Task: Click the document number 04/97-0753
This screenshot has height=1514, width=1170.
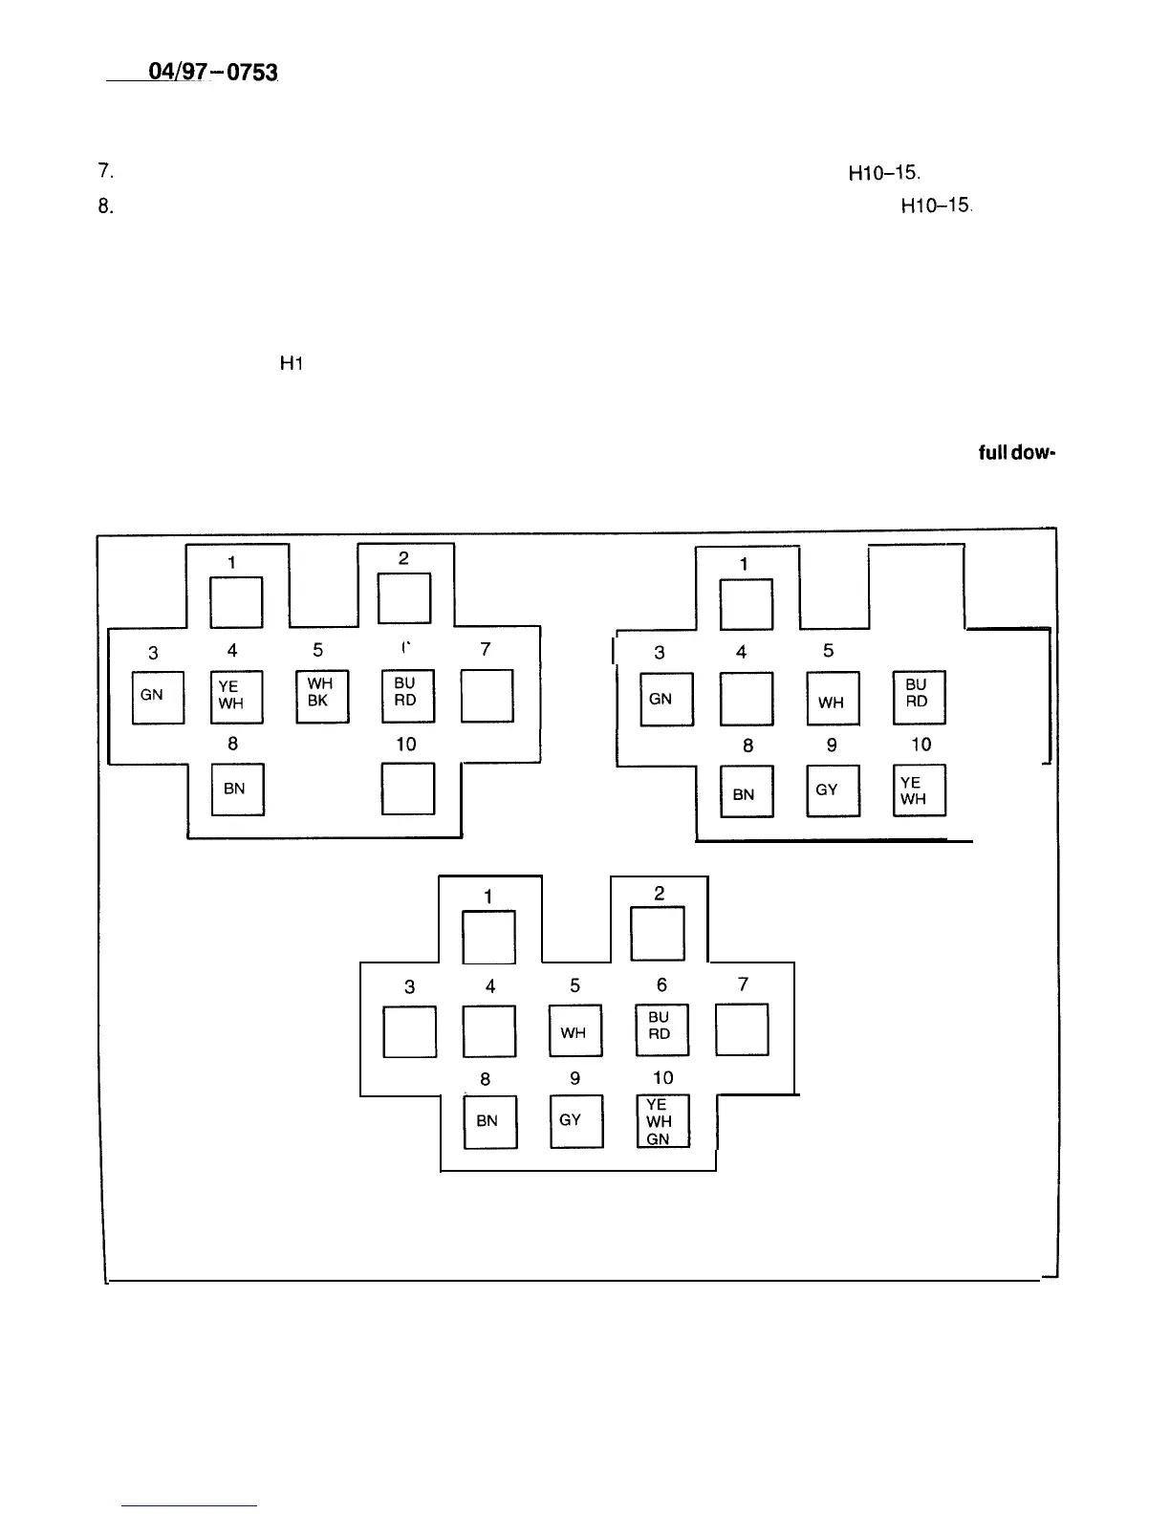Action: (212, 72)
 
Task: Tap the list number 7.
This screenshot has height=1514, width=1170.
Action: (105, 172)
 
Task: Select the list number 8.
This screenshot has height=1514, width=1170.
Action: (105, 205)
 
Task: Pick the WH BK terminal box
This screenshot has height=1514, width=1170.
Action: (322, 696)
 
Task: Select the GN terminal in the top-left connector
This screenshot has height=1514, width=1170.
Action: (158, 698)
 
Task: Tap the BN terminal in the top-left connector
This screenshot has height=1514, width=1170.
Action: (237, 789)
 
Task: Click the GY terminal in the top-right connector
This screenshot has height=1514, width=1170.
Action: (833, 791)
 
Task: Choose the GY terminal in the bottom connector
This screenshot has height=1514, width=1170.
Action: (576, 1121)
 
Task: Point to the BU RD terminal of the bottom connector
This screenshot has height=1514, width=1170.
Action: (661, 1028)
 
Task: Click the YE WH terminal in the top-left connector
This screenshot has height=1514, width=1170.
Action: (235, 698)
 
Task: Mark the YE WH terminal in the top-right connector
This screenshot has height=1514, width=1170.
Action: (919, 791)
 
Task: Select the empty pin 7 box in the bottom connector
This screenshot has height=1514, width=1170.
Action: (742, 1029)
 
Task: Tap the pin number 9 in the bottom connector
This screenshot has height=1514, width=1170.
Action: (574, 1078)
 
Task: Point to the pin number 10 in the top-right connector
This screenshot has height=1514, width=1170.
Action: (921, 746)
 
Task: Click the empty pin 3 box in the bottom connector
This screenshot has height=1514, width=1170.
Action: (409, 1031)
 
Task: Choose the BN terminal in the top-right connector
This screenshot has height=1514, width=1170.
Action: (746, 792)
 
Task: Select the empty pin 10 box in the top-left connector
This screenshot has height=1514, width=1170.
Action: (407, 789)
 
